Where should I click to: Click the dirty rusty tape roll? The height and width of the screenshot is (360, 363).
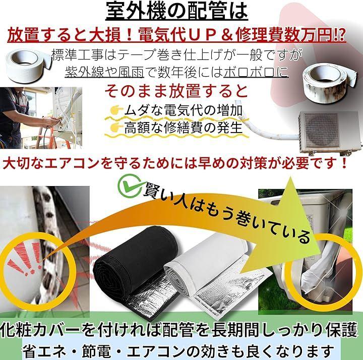pos(331,80)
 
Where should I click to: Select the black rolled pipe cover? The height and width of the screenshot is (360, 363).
pos(137,264)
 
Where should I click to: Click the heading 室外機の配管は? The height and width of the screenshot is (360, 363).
pos(177,11)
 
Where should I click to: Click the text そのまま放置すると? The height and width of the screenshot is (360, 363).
pos(176,91)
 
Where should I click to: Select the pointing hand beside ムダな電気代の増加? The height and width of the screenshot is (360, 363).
pos(116,110)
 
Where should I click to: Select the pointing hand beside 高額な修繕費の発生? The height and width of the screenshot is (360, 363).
pos(116,127)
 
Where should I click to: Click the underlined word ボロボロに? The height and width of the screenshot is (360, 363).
pos(256,72)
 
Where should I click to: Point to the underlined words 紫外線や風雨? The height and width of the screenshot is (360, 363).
pos(104,72)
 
